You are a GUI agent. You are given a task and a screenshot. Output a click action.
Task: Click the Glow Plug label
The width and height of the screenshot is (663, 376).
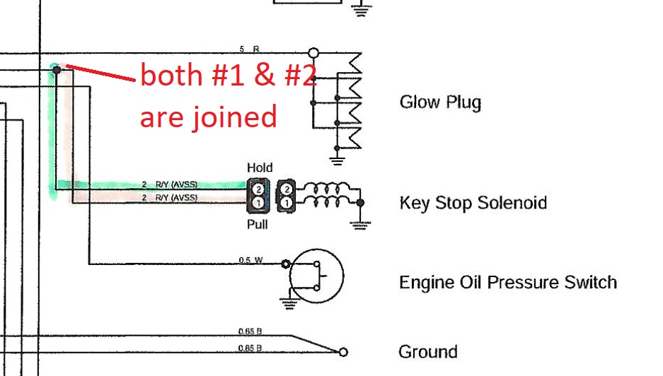click(x=440, y=102)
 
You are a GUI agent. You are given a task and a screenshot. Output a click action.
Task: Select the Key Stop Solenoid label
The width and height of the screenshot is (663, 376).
click(x=473, y=204)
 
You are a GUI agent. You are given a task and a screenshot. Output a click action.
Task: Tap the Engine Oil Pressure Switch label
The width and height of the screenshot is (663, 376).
click(x=507, y=283)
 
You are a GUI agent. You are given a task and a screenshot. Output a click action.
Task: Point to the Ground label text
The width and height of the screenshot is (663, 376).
click(x=427, y=351)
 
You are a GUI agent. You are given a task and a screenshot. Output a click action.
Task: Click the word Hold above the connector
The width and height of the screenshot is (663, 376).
click(x=259, y=168)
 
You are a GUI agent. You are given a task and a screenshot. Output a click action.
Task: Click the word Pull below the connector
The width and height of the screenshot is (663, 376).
click(x=257, y=225)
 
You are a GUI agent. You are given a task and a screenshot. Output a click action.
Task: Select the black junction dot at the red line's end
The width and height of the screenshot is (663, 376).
click(x=57, y=70)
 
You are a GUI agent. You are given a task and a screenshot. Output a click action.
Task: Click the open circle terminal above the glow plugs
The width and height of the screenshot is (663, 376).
click(x=313, y=53)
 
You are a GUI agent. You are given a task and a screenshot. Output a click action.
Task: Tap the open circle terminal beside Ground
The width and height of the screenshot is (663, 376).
click(x=343, y=351)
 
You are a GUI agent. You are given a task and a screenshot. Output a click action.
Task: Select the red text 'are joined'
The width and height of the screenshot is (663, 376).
click(x=208, y=116)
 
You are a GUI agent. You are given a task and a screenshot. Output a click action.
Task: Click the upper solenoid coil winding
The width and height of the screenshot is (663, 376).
click(x=326, y=189)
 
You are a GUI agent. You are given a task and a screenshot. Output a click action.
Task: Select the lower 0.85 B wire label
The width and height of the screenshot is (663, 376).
click(x=250, y=348)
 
